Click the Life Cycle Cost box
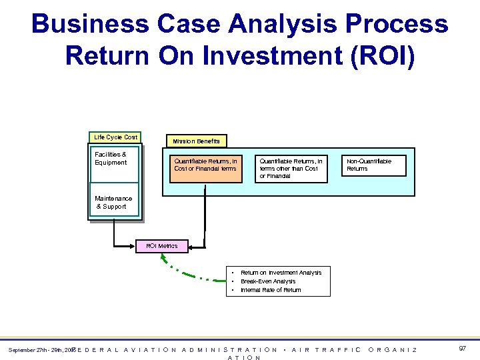pyautogui.click(x=115, y=137)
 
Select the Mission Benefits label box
pyautogui.click(x=196, y=141)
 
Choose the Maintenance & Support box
pyautogui.click(x=115, y=203)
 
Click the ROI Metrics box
pyautogui.click(x=162, y=246)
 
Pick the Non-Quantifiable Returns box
pyautogui.click(x=375, y=165)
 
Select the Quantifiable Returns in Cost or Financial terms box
pyautogui.click(x=205, y=165)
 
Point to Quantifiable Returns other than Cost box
pyautogui.click(x=291, y=168)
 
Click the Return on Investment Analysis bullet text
pyautogui.click(x=281, y=273)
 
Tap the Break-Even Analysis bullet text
pyautogui.click(x=268, y=281)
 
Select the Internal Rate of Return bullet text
pyautogui.click(x=271, y=290)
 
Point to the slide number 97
pyautogui.click(x=463, y=349)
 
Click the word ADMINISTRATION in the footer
pyautogui.click(x=229, y=349)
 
